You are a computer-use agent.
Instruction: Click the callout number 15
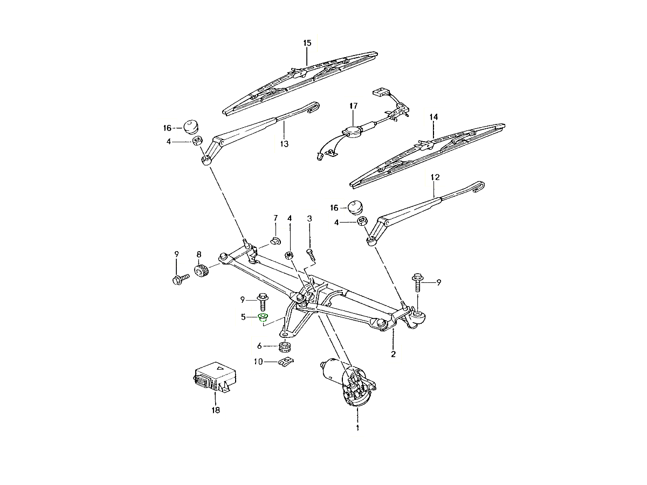[307, 43]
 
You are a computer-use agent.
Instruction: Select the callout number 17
[353, 106]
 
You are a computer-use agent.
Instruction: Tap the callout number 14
[433, 117]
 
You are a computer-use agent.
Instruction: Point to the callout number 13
[284, 144]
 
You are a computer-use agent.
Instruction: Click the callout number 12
[435, 177]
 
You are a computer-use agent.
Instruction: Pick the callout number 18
[216, 410]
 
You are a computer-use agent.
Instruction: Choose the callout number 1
[357, 428]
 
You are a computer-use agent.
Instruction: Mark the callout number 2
[393, 354]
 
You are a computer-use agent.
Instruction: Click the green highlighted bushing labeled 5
[263, 318]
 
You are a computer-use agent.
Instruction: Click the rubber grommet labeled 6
[285, 347]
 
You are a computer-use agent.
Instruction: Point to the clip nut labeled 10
[286, 361]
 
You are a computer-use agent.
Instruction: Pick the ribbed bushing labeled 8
[202, 271]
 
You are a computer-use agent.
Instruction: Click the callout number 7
[276, 218]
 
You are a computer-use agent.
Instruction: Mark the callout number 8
[199, 254]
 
